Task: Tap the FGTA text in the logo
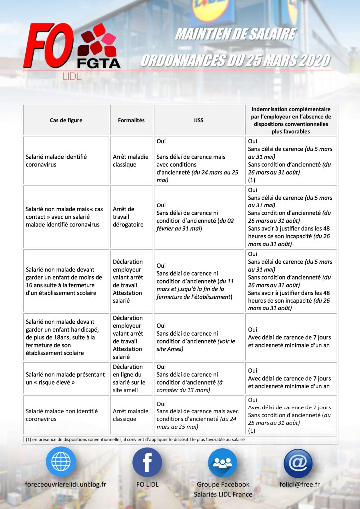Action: click(x=98, y=63)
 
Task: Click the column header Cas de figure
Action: click(x=66, y=120)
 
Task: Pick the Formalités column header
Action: click(x=131, y=120)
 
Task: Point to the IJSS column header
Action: click(x=199, y=120)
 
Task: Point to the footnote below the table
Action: click(x=134, y=439)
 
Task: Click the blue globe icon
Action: click(x=61, y=462)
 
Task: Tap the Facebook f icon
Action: click(x=147, y=462)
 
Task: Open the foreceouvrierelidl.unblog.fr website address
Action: click(x=65, y=484)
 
